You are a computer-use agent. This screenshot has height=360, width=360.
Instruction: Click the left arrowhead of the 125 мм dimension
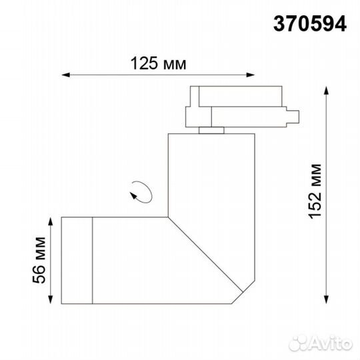click(65, 74)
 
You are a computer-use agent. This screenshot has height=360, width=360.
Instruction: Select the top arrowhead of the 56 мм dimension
click(51, 217)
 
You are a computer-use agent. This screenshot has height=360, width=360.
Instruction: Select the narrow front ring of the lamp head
click(76, 258)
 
